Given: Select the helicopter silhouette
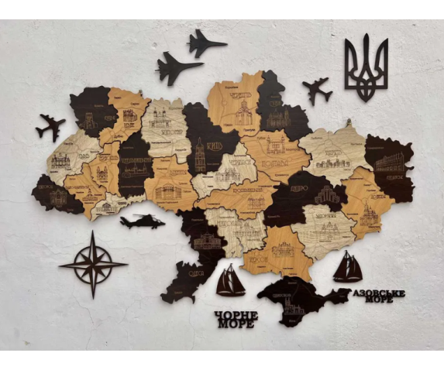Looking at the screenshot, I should tap(142, 222).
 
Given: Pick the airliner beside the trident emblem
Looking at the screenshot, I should tap(315, 90).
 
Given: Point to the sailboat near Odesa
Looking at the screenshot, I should tap(230, 281).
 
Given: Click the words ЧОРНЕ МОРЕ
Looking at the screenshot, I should tap(235, 319).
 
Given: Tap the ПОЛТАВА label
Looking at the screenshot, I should tap(275, 164).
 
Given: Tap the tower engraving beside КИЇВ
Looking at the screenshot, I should tap(200, 155).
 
